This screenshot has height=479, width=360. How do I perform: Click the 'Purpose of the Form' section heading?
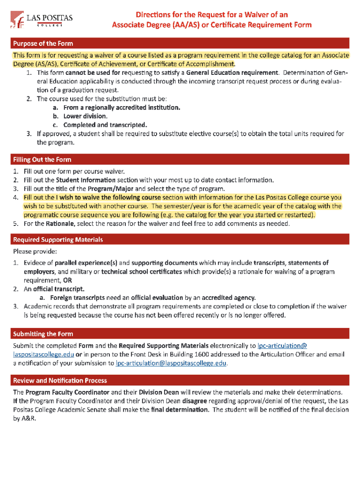[x=43, y=44]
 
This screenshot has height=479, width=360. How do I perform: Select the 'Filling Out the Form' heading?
[x=42, y=160]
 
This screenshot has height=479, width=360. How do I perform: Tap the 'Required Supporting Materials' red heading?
[x=58, y=239]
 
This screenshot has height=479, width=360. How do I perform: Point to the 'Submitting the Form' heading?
[x=43, y=334]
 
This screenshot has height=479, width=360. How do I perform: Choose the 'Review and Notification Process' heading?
[x=60, y=380]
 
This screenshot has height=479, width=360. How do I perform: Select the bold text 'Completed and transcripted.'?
[x=105, y=125]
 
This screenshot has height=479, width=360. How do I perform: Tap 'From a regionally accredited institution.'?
[x=122, y=108]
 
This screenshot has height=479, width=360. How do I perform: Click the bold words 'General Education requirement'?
[x=232, y=73]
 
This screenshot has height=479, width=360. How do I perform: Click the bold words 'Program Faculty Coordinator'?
[x=67, y=392]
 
